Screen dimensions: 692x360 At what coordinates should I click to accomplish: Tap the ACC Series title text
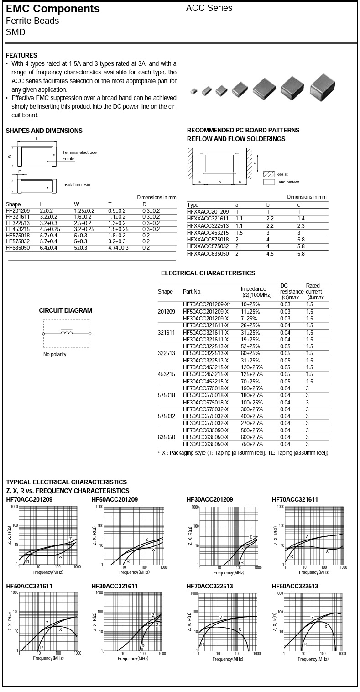click(x=209, y=8)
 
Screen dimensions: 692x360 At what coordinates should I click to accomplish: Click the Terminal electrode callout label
click(x=79, y=152)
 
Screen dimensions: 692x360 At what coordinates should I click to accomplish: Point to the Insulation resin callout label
click(x=76, y=185)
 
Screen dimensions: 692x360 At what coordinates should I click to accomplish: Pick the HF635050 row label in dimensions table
click(x=18, y=247)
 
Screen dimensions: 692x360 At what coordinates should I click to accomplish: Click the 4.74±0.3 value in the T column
click(x=118, y=247)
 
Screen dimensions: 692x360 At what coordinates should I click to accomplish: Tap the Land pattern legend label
click(x=287, y=182)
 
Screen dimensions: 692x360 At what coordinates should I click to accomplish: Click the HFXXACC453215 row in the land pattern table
click(x=208, y=233)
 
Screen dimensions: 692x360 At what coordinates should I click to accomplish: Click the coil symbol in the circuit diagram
click(x=67, y=333)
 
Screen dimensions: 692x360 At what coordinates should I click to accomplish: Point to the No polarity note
click(x=55, y=355)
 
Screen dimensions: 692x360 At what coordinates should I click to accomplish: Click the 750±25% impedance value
click(x=252, y=444)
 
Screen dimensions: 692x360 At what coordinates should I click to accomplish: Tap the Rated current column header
click(x=315, y=292)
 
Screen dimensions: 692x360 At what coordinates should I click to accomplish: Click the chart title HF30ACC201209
click(x=209, y=500)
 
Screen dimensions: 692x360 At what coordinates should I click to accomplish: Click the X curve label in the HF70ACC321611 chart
click(x=327, y=551)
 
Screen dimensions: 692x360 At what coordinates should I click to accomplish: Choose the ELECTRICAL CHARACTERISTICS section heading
click(x=208, y=273)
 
